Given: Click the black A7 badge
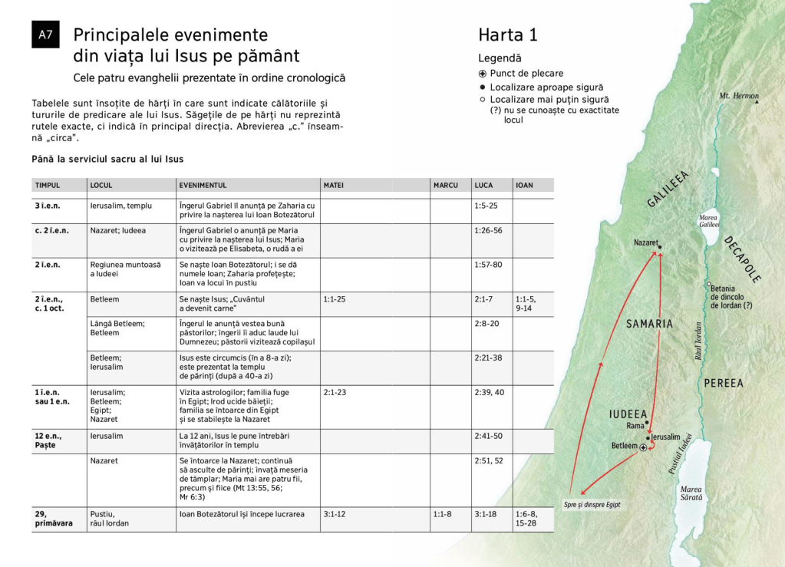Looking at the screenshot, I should pyautogui.click(x=45, y=35).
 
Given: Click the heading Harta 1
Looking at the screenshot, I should pyautogui.click(x=508, y=35).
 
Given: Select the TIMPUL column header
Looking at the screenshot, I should pyautogui.click(x=48, y=185).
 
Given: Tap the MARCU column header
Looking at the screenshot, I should pyautogui.click(x=446, y=185).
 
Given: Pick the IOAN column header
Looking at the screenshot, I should pyautogui.click(x=525, y=185).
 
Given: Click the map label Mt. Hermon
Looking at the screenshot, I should pyautogui.click(x=738, y=97).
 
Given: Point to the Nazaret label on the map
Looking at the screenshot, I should pyautogui.click(x=645, y=242).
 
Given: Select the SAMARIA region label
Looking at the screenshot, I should pyautogui.click(x=649, y=324).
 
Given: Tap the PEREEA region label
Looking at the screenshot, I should pyautogui.click(x=723, y=383).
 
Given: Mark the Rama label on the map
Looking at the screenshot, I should pyautogui.click(x=635, y=425).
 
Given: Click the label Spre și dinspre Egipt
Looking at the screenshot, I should pyautogui.click(x=592, y=505).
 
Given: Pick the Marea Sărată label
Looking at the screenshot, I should pyautogui.click(x=691, y=493).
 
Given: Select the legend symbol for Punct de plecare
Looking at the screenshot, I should pyautogui.click(x=483, y=74).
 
